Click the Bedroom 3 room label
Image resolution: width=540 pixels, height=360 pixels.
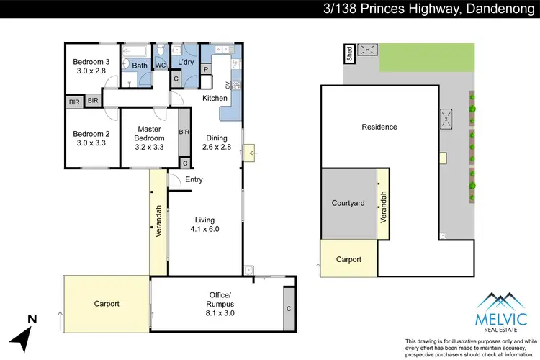(x=91, y=66)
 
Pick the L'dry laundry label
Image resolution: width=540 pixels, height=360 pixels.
(x=186, y=63)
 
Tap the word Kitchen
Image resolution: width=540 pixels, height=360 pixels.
(x=215, y=98)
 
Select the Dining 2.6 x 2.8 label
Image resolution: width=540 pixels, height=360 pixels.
(x=217, y=143)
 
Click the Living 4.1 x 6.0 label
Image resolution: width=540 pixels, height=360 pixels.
(x=204, y=225)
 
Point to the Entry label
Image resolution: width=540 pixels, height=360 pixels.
(x=194, y=180)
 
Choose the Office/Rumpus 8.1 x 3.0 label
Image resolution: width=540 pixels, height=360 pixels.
(x=216, y=300)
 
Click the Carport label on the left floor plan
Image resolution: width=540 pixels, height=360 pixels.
(x=107, y=304)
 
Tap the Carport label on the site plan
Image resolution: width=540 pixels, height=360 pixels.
(x=348, y=259)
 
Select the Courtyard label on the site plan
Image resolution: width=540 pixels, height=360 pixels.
(x=348, y=203)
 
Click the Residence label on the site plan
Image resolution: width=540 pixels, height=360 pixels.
(x=379, y=127)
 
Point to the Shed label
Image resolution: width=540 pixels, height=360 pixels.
(x=349, y=55)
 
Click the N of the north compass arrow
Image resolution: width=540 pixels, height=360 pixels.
(x=31, y=318)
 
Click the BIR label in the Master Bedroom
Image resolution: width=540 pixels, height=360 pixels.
(x=184, y=132)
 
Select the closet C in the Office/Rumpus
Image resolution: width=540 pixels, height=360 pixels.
(x=289, y=309)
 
